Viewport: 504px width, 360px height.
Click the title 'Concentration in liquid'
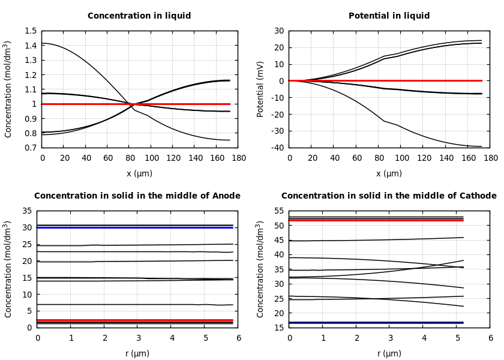[139, 16]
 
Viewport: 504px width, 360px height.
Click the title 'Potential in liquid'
[389, 16]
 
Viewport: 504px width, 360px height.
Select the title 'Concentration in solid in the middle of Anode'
[137, 196]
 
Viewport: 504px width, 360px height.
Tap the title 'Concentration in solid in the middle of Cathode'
[389, 196]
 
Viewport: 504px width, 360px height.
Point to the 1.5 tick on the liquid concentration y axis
[30, 31]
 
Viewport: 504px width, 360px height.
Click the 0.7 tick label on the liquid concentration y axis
[30, 148]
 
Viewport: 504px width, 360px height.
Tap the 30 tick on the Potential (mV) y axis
[279, 31]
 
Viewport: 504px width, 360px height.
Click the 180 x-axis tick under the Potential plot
[490, 158]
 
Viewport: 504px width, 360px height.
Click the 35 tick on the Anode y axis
[26, 211]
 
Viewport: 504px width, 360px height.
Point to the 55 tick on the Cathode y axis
[278, 211]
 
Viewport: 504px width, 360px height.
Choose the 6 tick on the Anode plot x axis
[238, 338]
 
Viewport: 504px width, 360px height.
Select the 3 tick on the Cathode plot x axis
[390, 338]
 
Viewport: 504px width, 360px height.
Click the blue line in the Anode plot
[135, 227]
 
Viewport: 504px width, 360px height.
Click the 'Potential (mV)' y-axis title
[260, 89]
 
